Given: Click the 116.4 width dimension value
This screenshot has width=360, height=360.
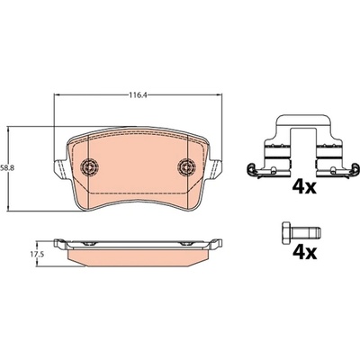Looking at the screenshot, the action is (138, 95).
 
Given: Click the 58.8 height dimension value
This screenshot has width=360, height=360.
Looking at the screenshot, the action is (5, 168).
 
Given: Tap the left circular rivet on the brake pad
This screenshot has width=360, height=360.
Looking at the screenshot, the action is (89, 166).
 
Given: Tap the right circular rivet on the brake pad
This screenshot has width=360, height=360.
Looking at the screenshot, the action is (186, 166).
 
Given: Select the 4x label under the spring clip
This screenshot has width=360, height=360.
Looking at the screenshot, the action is (304, 187).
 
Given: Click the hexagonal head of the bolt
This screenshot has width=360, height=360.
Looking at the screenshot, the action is (286, 231).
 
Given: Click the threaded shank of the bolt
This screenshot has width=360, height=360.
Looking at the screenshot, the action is (306, 231).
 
